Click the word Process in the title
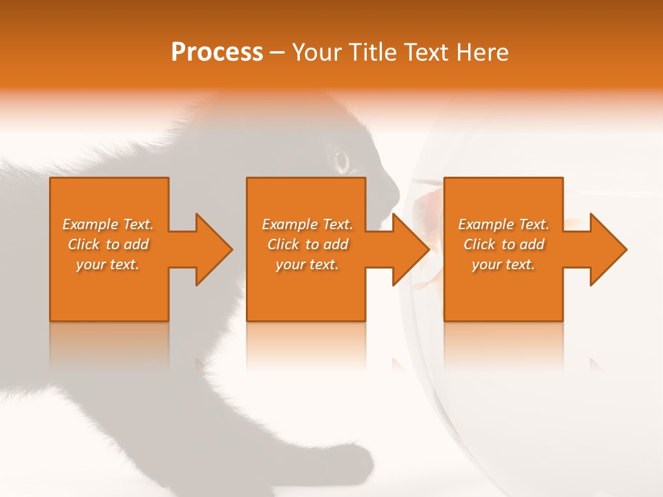click(217, 52)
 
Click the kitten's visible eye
click(342, 162)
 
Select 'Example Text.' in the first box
click(108, 224)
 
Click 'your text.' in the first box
click(108, 264)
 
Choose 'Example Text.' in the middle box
click(307, 224)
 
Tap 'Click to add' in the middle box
click(307, 244)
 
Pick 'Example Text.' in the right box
click(503, 224)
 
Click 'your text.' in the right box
click(503, 264)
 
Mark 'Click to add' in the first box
click(108, 244)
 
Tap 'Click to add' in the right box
click(503, 244)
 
